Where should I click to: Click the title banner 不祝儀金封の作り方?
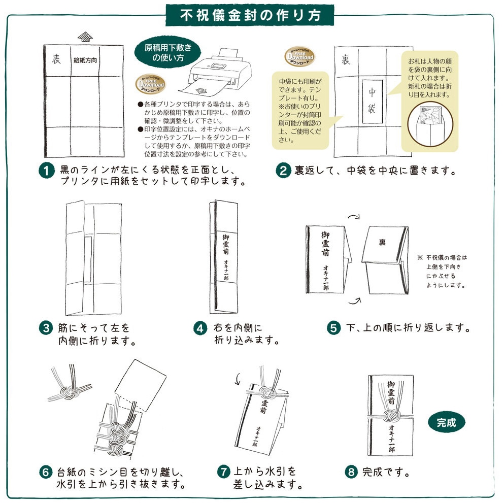coord(251,15)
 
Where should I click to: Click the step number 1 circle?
coord(46,170)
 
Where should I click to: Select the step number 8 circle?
coord(351,472)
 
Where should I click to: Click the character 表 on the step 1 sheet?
coord(56,59)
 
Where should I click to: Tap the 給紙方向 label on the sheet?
coord(85,60)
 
